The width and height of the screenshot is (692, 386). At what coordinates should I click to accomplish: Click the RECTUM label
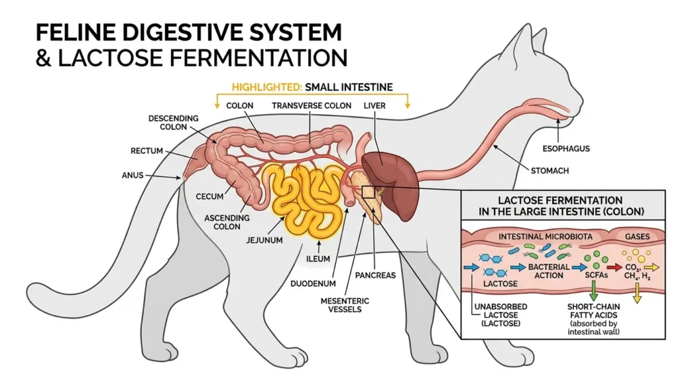[x=147, y=150]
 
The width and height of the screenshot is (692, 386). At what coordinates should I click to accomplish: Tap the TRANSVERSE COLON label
[x=312, y=106]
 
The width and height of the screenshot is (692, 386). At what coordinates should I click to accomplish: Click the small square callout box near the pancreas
[x=368, y=192]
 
